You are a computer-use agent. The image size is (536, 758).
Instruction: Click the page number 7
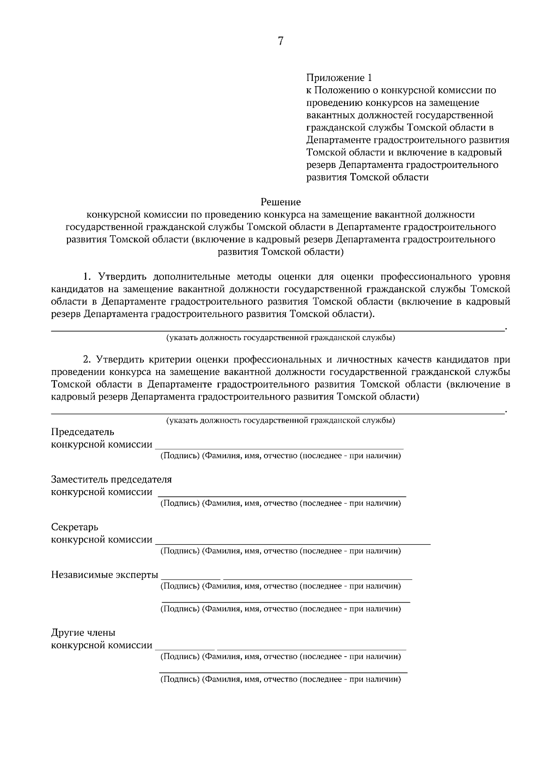(x=281, y=42)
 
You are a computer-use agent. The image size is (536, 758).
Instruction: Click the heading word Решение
(x=281, y=202)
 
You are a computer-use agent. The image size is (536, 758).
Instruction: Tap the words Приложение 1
(x=339, y=78)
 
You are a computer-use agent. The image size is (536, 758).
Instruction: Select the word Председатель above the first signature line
(x=83, y=432)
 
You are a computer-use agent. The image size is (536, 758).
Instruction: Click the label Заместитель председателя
(x=112, y=479)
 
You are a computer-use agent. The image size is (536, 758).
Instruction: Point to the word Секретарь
(x=75, y=527)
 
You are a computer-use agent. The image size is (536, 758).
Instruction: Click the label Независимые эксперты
(x=105, y=575)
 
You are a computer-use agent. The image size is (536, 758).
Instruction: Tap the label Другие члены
(x=83, y=633)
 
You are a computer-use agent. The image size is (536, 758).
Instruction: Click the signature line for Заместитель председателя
(x=282, y=496)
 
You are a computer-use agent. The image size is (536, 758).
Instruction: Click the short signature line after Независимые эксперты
(x=191, y=579)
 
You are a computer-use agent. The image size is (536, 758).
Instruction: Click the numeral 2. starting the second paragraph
(x=87, y=359)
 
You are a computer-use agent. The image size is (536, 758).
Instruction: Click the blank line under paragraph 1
(x=277, y=331)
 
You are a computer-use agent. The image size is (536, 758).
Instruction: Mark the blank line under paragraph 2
(x=277, y=414)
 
